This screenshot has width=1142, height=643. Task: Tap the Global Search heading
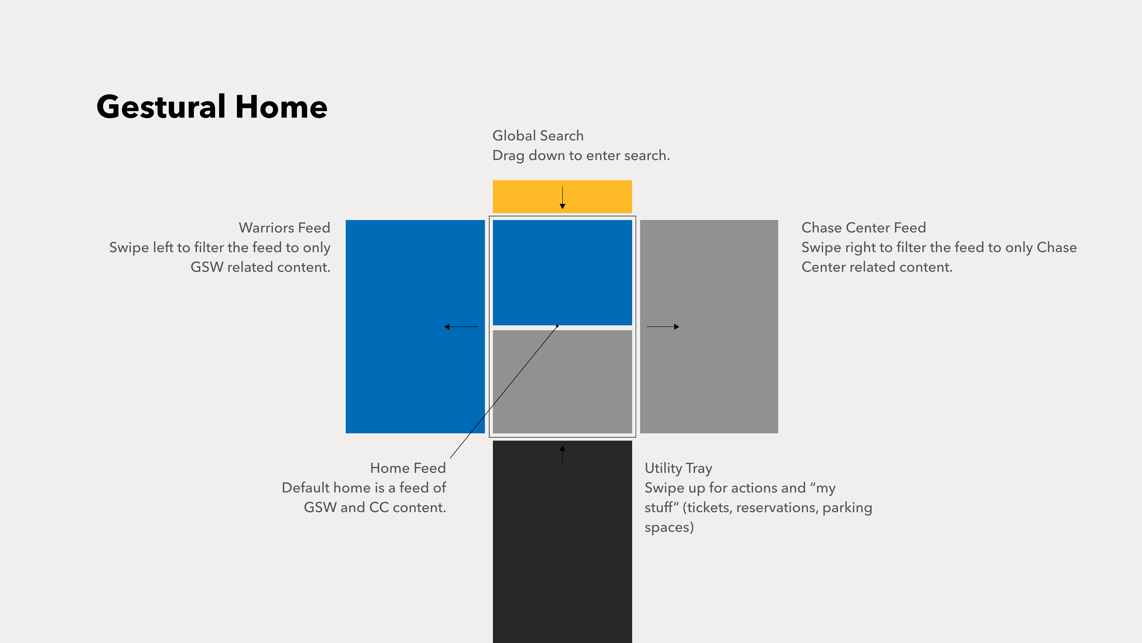(538, 136)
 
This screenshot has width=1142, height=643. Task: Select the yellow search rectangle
(562, 196)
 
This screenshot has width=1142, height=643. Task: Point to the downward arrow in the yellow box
(562, 197)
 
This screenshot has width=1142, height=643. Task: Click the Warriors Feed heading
(285, 228)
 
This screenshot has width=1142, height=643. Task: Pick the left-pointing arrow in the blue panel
(461, 327)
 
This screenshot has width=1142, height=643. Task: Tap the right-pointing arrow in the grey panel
(663, 327)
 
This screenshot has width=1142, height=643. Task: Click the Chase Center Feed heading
(864, 228)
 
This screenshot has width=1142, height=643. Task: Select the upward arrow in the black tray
(562, 456)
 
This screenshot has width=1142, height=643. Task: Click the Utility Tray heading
(678, 469)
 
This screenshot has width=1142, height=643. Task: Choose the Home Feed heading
(408, 468)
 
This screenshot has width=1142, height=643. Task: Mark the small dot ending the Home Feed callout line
(557, 326)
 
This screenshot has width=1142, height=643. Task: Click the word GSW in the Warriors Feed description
(207, 267)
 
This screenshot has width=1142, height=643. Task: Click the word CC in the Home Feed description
(379, 508)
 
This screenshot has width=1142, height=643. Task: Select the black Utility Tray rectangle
(562, 542)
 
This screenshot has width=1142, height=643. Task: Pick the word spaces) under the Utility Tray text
(669, 527)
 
